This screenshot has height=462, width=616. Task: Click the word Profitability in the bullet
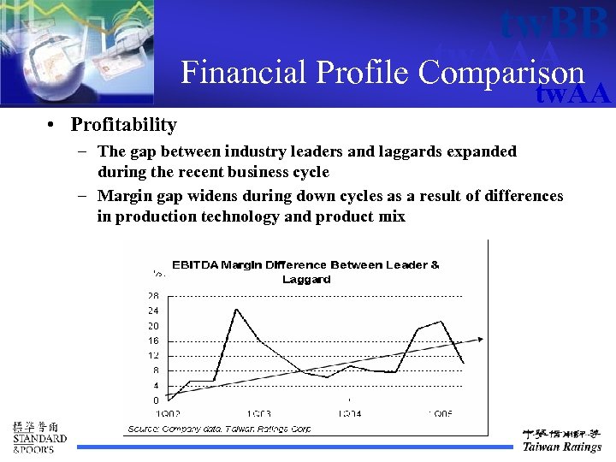click(x=123, y=125)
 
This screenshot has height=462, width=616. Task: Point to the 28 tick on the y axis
click(x=152, y=295)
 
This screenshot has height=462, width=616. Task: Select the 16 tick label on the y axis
click(x=152, y=341)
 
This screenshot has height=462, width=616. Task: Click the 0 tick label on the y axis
click(x=155, y=400)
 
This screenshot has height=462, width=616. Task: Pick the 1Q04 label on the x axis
click(x=349, y=414)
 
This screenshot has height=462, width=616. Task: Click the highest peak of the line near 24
click(x=235, y=310)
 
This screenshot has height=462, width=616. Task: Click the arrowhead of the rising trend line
click(x=480, y=339)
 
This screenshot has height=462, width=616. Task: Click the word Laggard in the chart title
click(x=305, y=279)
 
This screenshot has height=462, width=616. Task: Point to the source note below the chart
click(x=219, y=428)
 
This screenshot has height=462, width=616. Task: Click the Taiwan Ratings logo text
click(x=561, y=447)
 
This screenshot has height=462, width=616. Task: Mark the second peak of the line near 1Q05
click(x=441, y=322)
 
